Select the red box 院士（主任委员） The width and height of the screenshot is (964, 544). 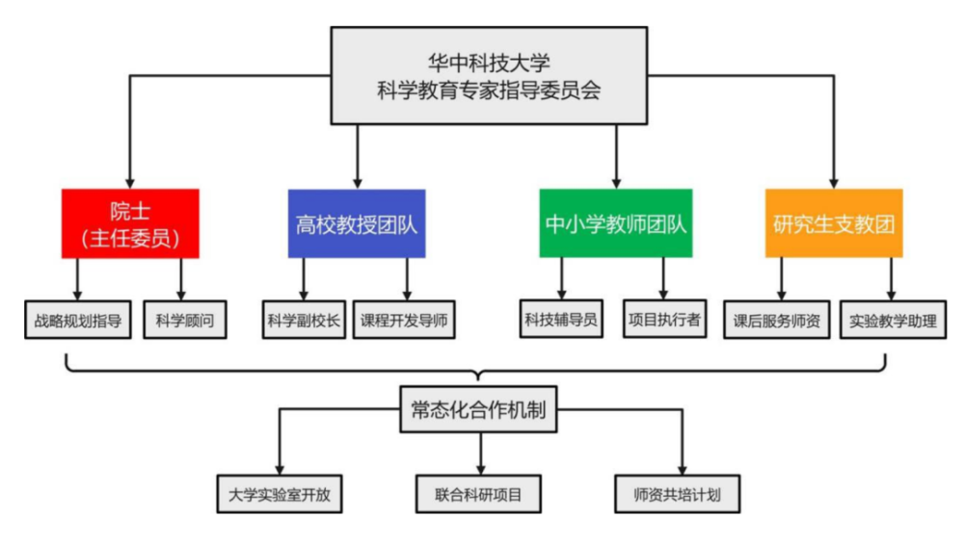click(x=130, y=223)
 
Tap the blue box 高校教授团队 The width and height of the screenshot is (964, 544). click(x=357, y=223)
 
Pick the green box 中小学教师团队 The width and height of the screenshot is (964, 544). click(x=615, y=223)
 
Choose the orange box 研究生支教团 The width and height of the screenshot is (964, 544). click(x=834, y=223)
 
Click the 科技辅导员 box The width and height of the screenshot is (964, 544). click(x=560, y=319)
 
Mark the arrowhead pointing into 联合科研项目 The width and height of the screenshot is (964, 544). click(x=479, y=469)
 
